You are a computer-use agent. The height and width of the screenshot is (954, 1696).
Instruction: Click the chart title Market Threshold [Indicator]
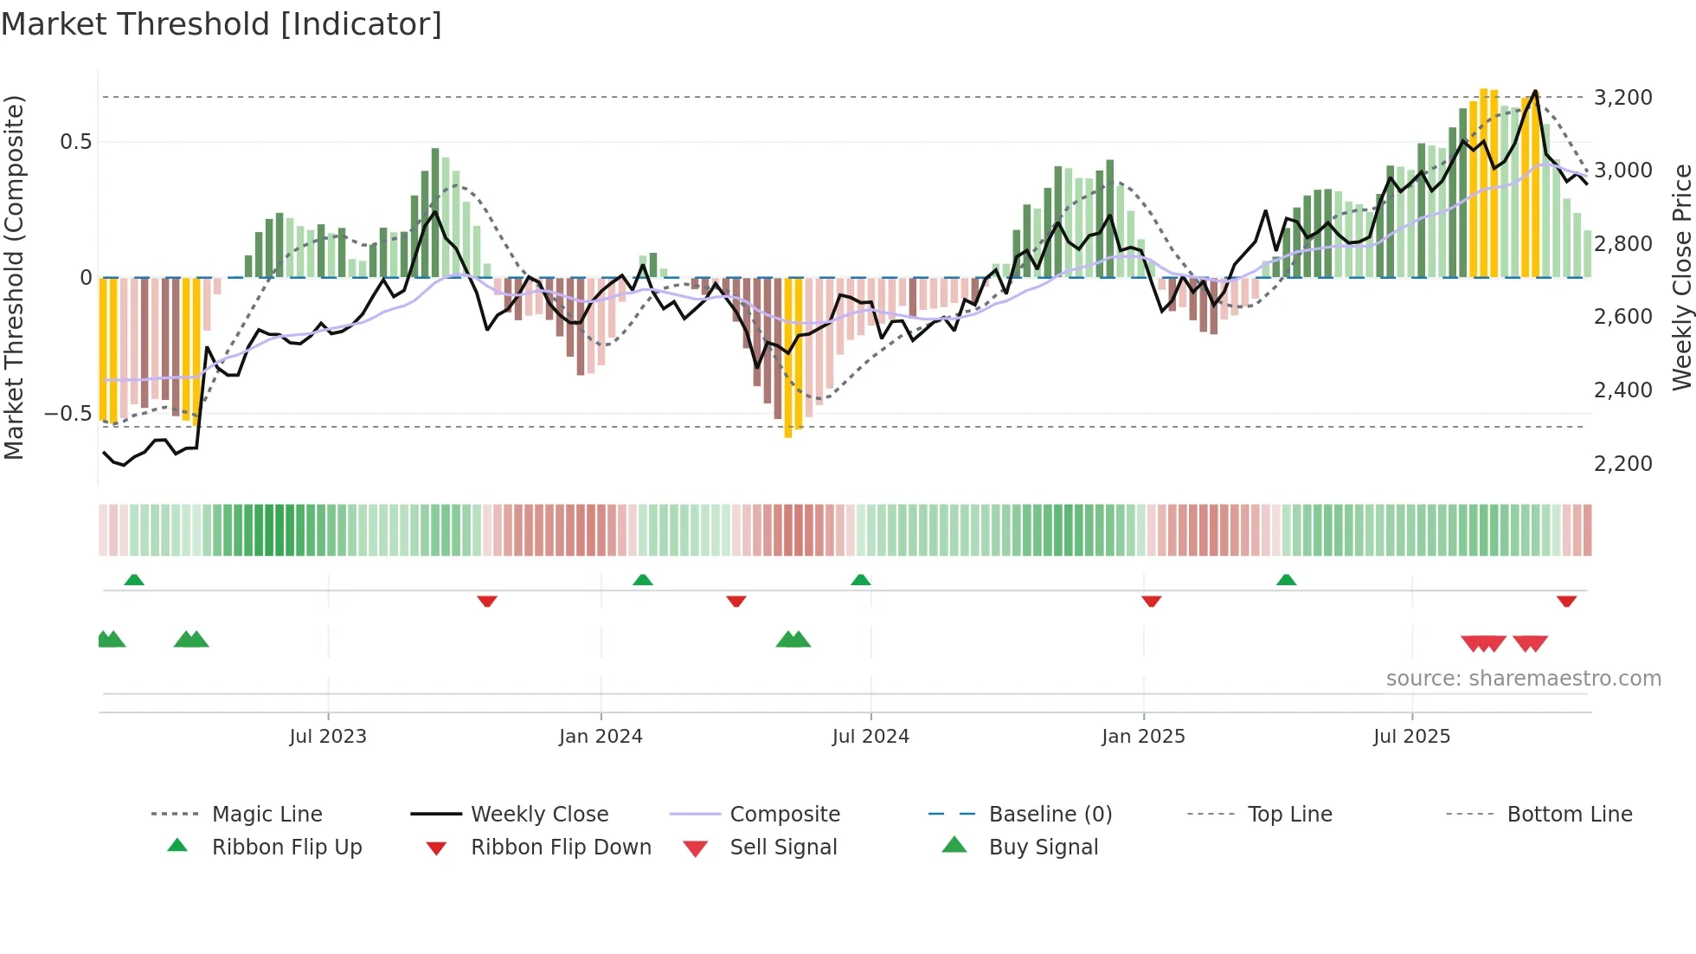[222, 24]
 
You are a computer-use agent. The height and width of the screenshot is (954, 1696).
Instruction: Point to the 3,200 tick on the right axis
[1622, 97]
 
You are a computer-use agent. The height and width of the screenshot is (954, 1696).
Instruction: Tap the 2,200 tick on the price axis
[1622, 463]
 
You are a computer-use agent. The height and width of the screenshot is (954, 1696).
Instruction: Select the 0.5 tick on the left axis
[75, 141]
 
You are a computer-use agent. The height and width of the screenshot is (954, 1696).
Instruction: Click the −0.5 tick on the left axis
[67, 413]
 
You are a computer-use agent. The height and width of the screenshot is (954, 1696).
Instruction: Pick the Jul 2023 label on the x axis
[328, 737]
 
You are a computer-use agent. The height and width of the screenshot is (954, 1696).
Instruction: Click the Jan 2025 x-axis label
[1143, 737]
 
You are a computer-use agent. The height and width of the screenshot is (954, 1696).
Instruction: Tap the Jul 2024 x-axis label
[870, 737]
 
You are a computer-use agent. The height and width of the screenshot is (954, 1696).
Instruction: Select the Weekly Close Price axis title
[1681, 277]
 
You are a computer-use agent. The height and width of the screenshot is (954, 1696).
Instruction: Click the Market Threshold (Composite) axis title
[14, 277]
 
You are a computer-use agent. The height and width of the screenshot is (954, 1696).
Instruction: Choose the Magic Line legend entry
[267, 815]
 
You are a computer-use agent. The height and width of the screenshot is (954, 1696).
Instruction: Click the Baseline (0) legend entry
[1050, 815]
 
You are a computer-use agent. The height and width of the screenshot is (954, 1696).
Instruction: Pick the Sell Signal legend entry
[783, 848]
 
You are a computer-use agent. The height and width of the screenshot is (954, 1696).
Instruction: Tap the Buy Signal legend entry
[1043, 848]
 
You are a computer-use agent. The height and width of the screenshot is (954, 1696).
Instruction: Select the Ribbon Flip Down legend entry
[561, 848]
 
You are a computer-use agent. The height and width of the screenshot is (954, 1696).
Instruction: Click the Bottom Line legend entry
[1569, 815]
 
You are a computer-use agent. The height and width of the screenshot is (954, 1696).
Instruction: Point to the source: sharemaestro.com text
[1523, 679]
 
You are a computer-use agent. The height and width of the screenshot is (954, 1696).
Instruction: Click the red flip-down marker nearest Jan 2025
[1151, 601]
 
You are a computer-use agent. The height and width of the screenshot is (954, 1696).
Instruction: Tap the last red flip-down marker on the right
[1566, 601]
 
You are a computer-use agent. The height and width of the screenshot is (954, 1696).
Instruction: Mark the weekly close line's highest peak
[1535, 91]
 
